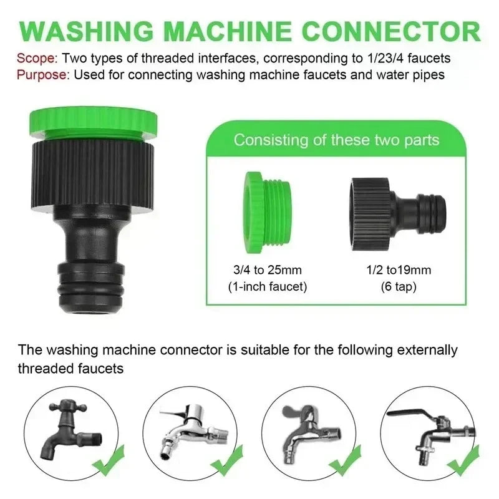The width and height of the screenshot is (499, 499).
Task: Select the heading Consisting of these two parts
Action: (336, 139)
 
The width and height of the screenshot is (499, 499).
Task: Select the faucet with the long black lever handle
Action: (431, 430)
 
